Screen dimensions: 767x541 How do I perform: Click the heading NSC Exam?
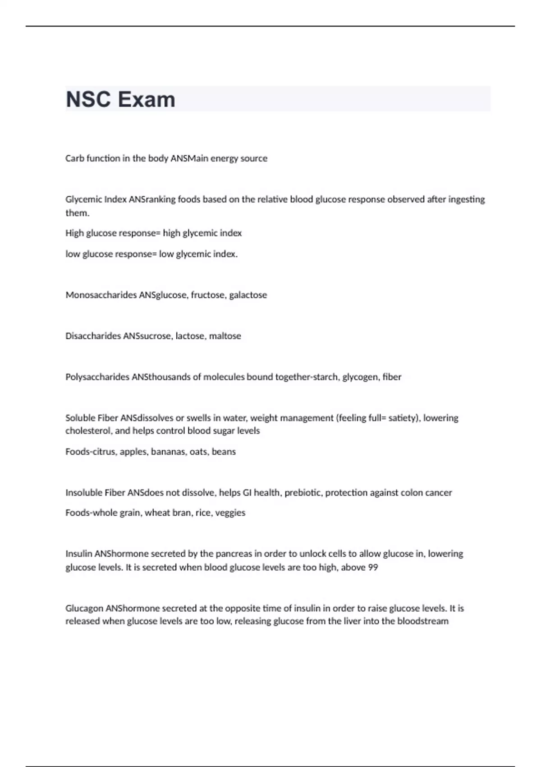pos(120,99)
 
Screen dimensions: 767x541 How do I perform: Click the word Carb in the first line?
pos(74,158)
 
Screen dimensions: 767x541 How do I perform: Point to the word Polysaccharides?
pos(97,377)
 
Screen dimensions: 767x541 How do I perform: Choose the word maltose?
pos(225,336)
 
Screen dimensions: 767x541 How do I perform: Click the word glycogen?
pos(361,377)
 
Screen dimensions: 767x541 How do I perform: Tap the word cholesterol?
pos(88,431)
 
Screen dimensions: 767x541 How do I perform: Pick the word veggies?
pos(230,513)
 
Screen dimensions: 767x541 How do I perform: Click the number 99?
pos(373,568)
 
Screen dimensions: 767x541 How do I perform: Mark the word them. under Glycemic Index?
pos(77,213)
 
